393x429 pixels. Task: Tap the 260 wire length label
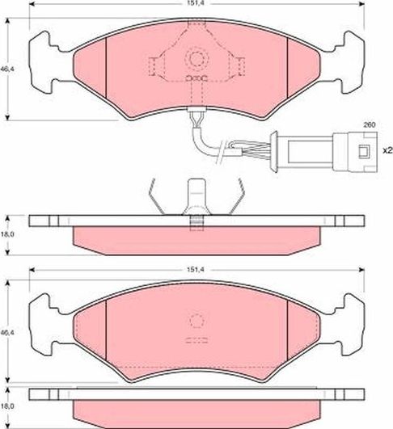(369, 125)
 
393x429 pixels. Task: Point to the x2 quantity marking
(387, 150)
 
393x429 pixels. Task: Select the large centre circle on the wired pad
(196, 59)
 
